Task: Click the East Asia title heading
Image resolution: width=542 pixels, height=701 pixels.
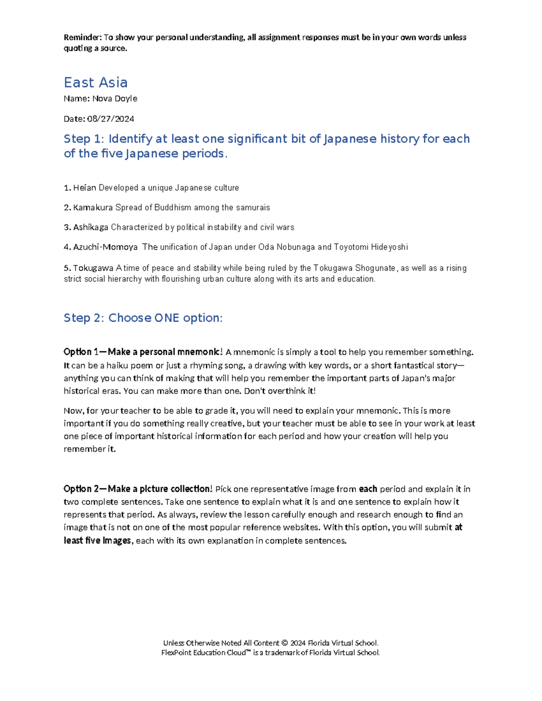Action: (x=95, y=83)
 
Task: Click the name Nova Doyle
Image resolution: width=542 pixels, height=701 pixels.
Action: (x=115, y=98)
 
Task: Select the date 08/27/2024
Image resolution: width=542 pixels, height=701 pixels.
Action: (x=110, y=119)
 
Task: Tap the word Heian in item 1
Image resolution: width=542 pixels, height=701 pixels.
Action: (x=84, y=188)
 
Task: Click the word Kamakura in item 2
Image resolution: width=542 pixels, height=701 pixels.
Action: (x=93, y=208)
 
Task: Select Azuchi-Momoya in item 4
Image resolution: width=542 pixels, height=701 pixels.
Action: (x=105, y=247)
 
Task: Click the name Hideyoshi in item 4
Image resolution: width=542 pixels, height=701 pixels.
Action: (x=389, y=247)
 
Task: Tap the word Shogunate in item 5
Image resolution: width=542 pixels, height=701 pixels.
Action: (x=375, y=268)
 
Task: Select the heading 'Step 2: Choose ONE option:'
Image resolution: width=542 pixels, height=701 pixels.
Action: (x=143, y=318)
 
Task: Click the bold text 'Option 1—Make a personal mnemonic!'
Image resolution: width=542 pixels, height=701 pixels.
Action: (x=143, y=352)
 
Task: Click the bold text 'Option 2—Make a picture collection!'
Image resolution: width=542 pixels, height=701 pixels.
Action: (x=138, y=489)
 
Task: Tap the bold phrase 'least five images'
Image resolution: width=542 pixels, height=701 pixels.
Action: (x=97, y=540)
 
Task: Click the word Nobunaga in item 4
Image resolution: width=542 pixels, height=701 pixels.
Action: (x=296, y=247)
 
